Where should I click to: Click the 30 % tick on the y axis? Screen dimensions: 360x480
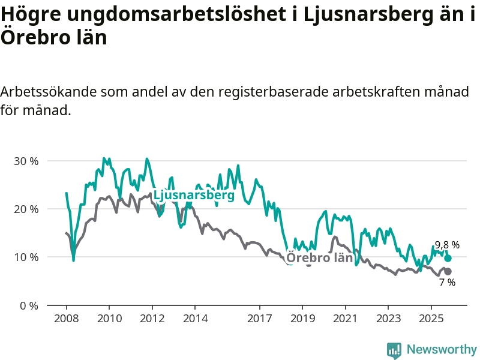(26, 161)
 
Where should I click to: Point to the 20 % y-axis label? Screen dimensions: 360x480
(26, 209)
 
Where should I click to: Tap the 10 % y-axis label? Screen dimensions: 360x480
(26, 257)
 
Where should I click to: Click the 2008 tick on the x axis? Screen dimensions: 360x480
(66, 317)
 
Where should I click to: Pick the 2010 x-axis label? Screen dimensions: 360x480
(109, 317)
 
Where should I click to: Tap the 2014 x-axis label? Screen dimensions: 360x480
(194, 317)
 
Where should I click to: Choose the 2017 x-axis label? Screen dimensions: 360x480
(259, 317)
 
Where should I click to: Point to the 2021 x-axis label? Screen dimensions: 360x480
(345, 317)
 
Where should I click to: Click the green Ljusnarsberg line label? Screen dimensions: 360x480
(194, 196)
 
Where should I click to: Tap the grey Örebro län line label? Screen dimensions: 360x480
(319, 258)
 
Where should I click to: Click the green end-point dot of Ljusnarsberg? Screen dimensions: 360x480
(448, 258)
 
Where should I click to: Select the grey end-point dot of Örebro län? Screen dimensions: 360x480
(448, 272)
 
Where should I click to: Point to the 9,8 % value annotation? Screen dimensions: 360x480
(447, 245)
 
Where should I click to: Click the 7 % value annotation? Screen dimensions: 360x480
(447, 283)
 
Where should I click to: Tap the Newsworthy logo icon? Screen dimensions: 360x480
(394, 350)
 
